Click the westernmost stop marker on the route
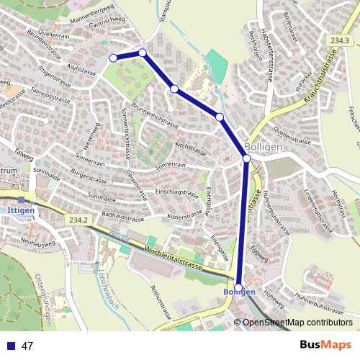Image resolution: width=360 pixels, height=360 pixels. pyautogui.click(x=113, y=58)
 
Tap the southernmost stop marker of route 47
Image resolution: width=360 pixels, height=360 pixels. pyautogui.click(x=239, y=287)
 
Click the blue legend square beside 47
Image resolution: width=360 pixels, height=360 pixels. pyautogui.click(x=11, y=346)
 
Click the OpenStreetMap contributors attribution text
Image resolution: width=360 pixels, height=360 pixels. pyautogui.click(x=297, y=323)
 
